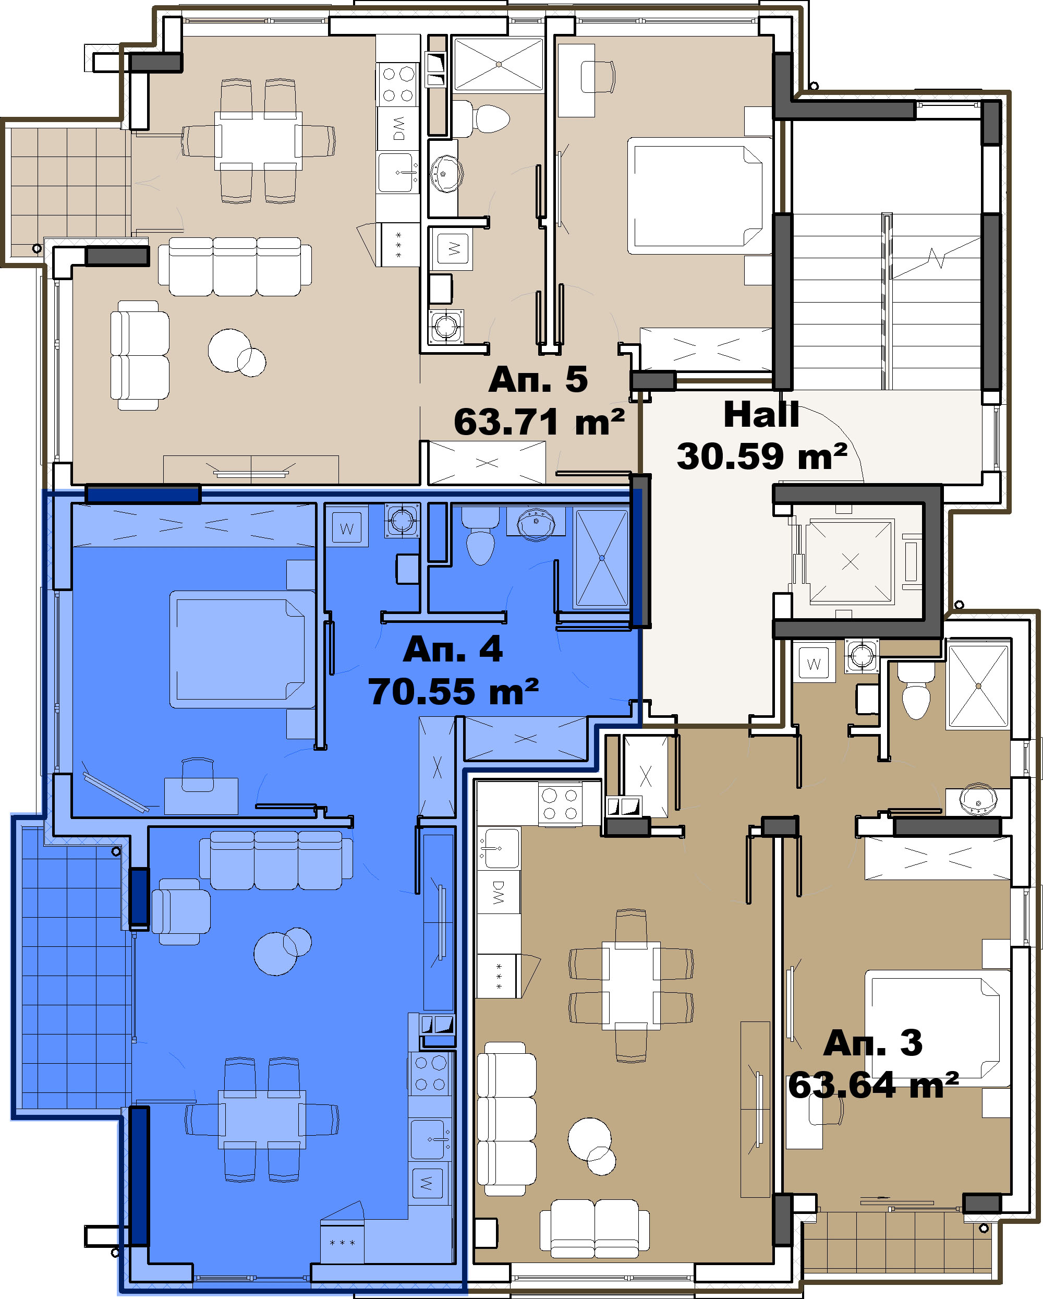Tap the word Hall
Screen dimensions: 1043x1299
761,415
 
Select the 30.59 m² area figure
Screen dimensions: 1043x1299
762,456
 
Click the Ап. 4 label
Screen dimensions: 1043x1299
452,649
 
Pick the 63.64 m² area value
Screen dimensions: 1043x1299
873,1085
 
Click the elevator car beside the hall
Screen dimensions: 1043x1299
850,561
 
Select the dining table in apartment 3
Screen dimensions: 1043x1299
631,985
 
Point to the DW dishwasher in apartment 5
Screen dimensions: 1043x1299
398,128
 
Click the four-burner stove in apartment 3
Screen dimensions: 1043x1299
560,804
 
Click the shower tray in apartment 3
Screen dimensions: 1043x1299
978,685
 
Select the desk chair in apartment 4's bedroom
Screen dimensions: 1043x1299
198,775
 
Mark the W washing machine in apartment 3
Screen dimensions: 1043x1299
814,664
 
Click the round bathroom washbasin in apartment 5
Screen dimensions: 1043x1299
446,174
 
